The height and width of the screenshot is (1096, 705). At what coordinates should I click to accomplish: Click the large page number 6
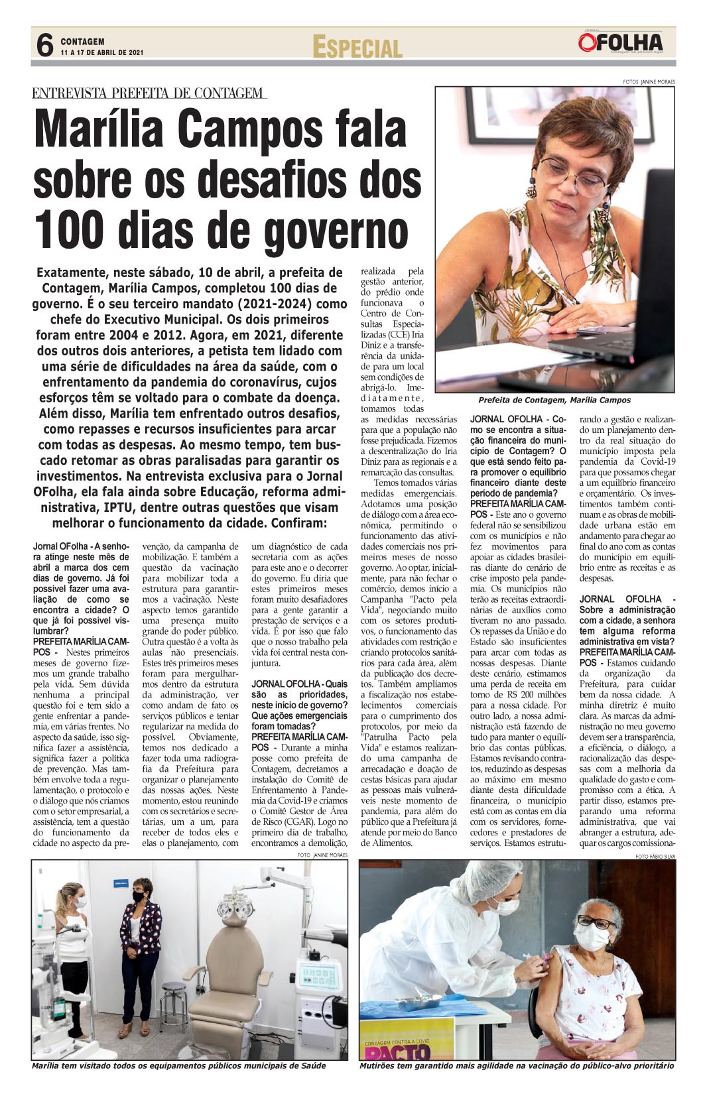pos(44,46)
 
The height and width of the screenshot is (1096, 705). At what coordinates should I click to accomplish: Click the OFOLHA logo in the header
pos(619,42)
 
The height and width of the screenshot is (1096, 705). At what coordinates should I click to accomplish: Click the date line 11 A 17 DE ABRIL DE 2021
pos(102,52)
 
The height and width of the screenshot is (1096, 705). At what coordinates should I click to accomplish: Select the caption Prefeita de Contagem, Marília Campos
pos(554,400)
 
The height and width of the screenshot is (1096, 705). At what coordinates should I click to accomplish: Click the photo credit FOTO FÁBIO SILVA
pos(655,857)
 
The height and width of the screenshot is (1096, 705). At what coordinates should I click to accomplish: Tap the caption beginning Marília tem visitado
pos(179,1066)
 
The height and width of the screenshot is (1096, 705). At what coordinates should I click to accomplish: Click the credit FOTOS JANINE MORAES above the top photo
pos(649,82)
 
